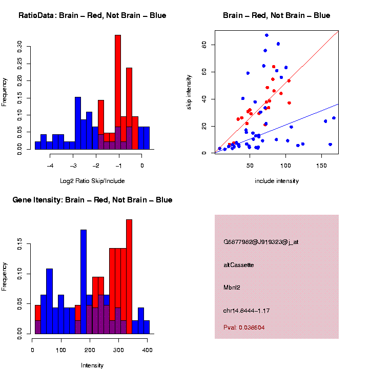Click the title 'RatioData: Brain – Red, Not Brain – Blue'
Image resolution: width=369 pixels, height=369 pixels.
pos(92,15)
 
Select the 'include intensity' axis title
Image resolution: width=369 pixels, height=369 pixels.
pos(277,181)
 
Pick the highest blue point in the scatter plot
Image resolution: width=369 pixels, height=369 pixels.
pos(267,35)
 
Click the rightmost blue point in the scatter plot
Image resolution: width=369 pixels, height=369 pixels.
pos(334,118)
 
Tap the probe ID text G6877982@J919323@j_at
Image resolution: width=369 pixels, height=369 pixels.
pos(261,242)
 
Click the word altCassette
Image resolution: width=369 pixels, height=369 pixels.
pos(239,265)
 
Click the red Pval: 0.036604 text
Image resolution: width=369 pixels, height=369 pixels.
pos(244,327)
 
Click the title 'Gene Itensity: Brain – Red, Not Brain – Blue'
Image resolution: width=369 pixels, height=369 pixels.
pos(92,200)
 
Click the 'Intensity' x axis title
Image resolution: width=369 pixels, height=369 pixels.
pos(92,365)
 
